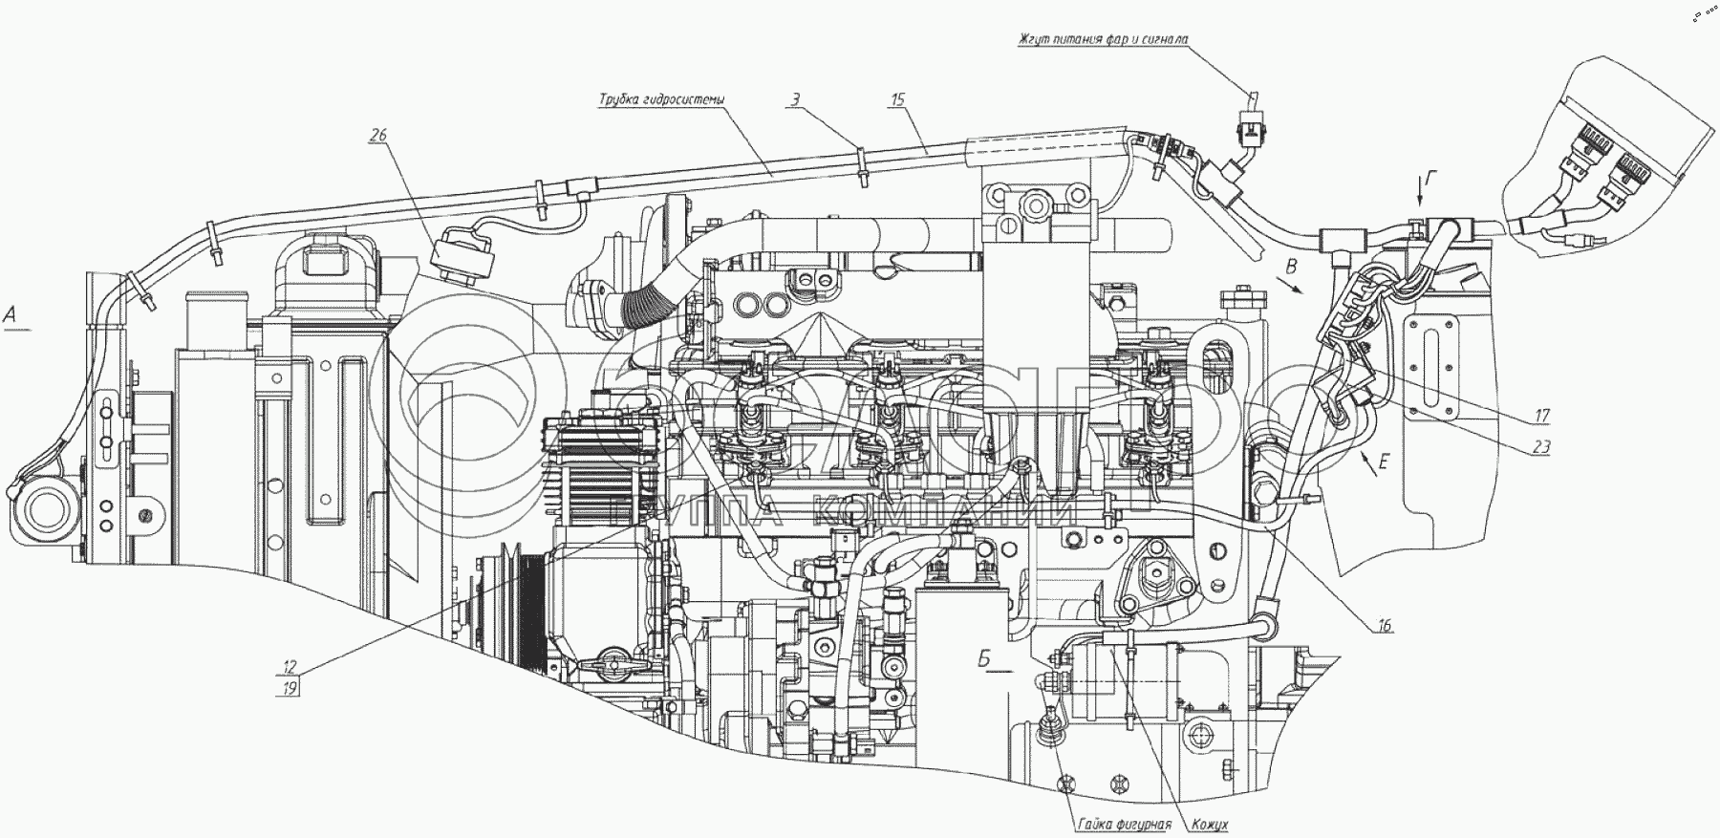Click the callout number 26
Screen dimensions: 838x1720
click(x=379, y=136)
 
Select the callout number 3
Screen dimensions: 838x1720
click(x=795, y=97)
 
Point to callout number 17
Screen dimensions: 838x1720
click(x=1542, y=416)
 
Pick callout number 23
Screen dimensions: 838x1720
click(x=1540, y=445)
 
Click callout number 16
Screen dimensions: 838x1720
click(x=1385, y=626)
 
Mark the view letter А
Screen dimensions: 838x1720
click(x=11, y=313)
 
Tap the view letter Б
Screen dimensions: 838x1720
click(x=983, y=658)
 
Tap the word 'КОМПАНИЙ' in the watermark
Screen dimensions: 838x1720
click(x=932, y=516)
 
